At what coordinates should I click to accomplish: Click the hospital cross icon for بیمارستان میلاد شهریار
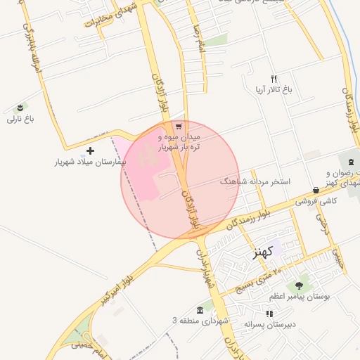(90, 150)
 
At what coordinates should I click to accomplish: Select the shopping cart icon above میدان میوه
(179, 127)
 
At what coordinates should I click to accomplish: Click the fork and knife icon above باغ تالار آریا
(274, 79)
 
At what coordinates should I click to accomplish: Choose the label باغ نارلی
(20, 120)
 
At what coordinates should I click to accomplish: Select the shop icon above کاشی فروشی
(316, 190)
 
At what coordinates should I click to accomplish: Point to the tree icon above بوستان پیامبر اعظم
(300, 285)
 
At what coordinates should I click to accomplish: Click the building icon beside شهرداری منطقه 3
(200, 310)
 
